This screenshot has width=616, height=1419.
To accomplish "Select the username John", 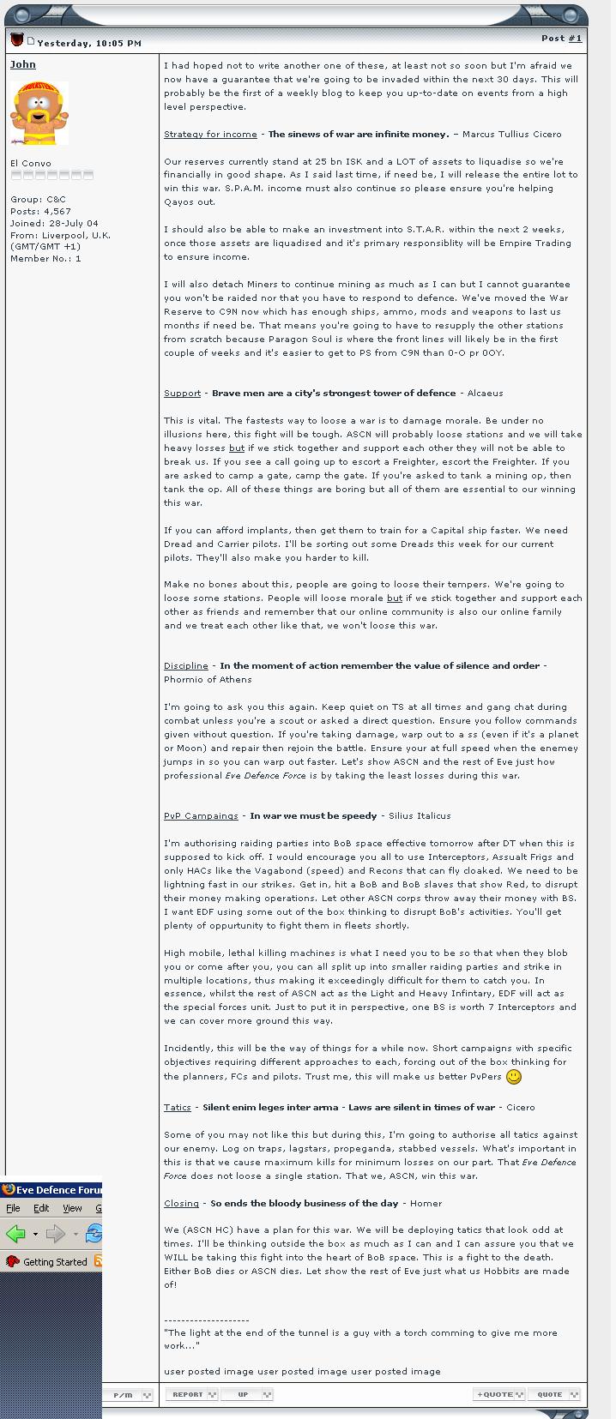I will [x=23, y=64].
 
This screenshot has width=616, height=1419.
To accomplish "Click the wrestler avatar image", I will [x=39, y=114].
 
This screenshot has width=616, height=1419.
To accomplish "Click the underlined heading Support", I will [x=182, y=394].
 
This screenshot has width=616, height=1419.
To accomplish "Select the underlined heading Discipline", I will [x=185, y=666].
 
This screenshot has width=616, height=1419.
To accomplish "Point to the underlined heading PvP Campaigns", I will [x=201, y=816].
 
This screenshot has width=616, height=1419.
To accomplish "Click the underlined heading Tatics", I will [x=177, y=1108].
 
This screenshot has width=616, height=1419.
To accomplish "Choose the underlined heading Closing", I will [x=181, y=1204].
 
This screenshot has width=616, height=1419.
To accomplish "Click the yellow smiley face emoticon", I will [x=514, y=1077].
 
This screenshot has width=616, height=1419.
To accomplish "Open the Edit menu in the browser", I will [x=41, y=1208].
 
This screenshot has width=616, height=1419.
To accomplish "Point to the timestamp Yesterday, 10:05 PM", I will [x=89, y=43].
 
